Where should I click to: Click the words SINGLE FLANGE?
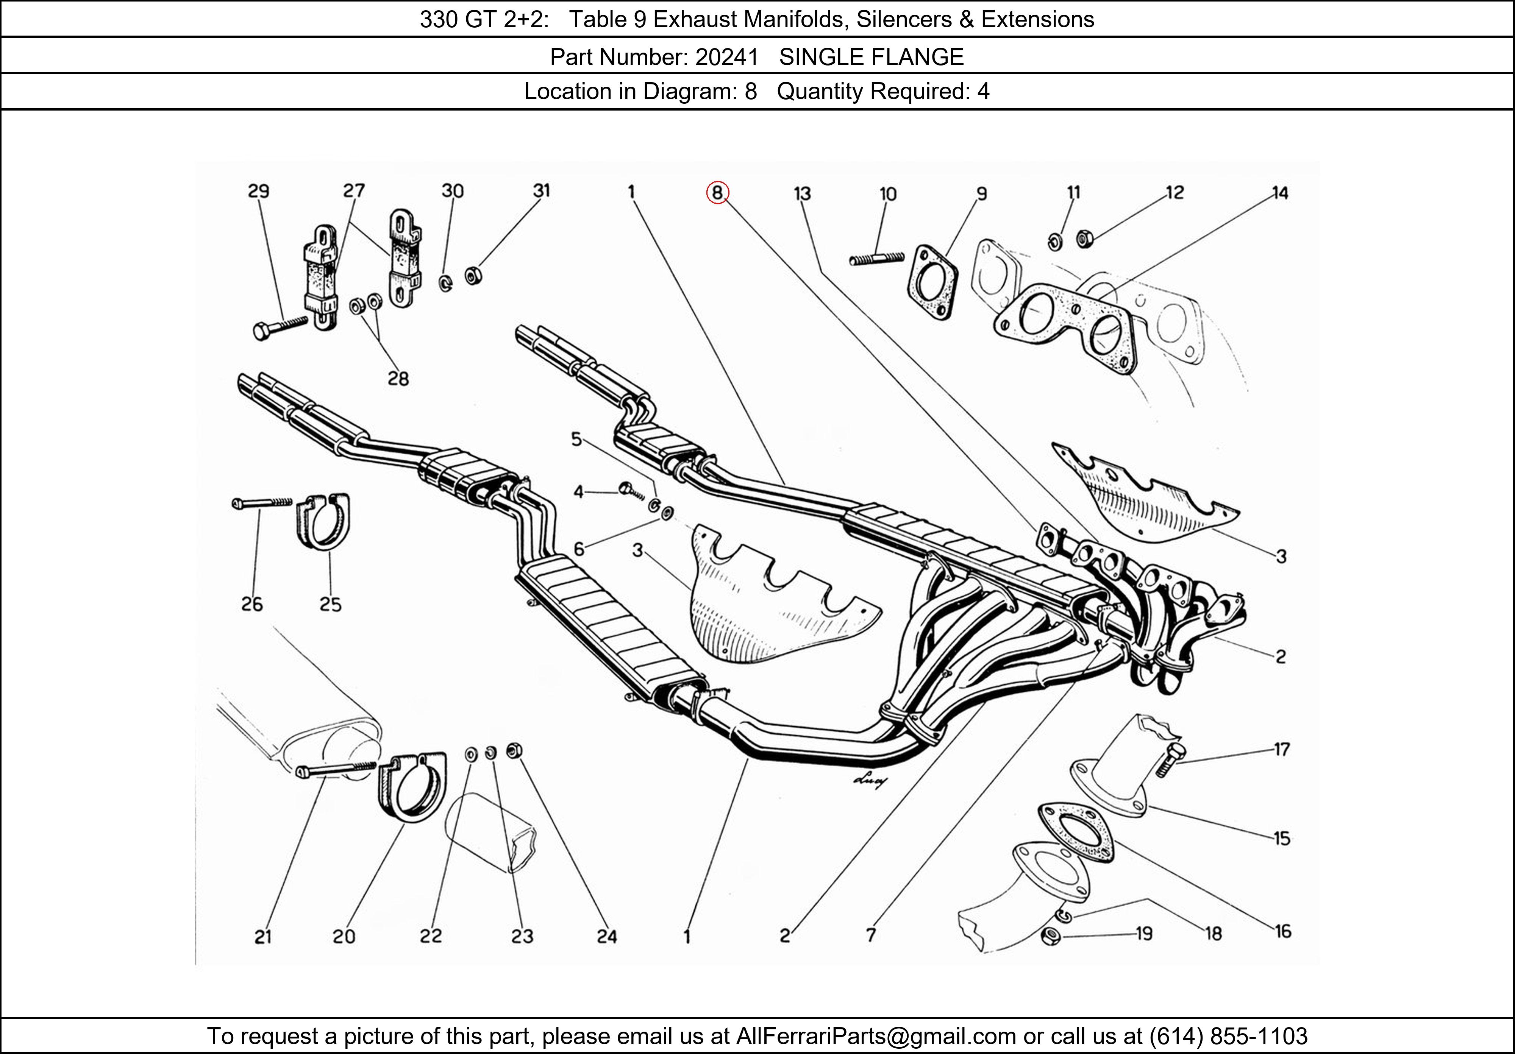[x=872, y=58]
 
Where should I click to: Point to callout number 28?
[x=398, y=379]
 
